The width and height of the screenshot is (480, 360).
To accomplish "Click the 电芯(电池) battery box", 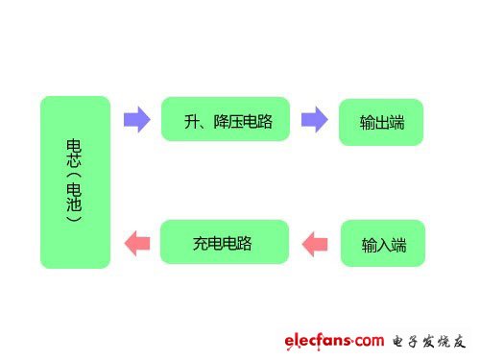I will tap(75, 181).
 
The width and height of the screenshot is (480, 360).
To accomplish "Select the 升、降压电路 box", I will tap(225, 120).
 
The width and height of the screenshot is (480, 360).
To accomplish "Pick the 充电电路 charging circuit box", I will tap(225, 242).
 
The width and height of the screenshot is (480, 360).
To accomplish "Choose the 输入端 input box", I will tap(381, 245).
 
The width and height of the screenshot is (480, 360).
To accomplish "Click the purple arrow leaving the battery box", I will tap(137, 120).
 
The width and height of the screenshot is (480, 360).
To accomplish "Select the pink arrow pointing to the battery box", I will tap(137, 242).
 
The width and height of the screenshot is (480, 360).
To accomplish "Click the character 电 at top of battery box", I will tap(75, 145).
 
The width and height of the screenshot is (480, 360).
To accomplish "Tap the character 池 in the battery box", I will tap(75, 204).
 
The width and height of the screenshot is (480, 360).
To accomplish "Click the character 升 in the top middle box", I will tap(192, 121).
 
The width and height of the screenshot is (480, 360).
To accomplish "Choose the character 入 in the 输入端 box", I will tap(381, 246).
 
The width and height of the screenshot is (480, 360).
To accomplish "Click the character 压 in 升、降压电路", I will tap(234, 121).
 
